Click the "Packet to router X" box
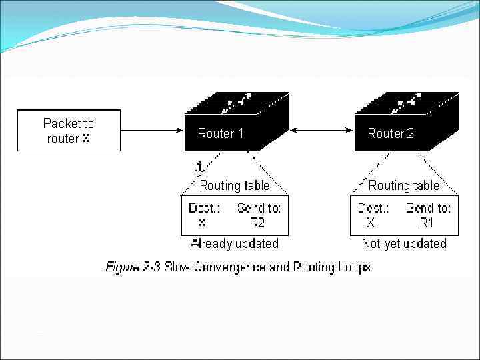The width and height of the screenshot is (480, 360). point(69,131)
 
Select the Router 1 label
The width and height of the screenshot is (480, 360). point(221,133)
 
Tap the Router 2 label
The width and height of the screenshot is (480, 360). point(391,133)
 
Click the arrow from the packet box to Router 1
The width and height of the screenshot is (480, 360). point(152,131)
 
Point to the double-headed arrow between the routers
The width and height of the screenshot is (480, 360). point(321,131)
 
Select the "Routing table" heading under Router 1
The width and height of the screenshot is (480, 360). point(235,185)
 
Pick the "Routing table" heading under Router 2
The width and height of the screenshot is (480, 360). point(404,185)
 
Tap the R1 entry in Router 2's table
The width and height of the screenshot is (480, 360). point(427,223)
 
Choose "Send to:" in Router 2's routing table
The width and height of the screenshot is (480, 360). point(428,208)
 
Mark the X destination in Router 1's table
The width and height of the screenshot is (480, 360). point(202,223)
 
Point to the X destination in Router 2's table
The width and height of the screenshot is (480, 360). point(371,223)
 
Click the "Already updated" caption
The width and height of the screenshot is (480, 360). point(235,243)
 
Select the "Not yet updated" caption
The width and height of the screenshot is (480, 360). point(404,243)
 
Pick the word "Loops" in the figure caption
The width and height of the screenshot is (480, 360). point(353,267)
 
